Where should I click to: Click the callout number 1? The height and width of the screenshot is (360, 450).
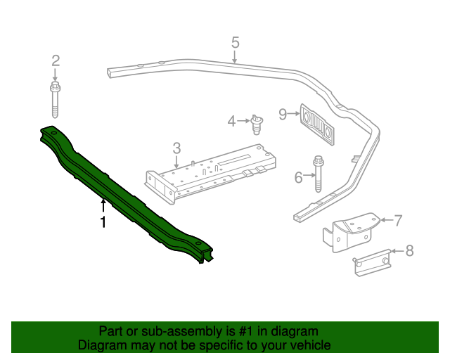click(x=103, y=222)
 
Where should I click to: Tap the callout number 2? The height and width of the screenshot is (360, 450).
click(x=56, y=61)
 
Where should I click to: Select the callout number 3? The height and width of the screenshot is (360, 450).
click(x=176, y=148)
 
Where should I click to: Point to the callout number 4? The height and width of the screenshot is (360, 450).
click(x=231, y=122)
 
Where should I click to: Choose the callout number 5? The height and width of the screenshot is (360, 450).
click(x=235, y=41)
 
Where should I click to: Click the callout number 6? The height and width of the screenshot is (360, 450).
click(x=298, y=178)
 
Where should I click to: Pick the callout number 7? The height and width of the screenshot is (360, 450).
click(x=397, y=221)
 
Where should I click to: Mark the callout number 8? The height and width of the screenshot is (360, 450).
click(x=410, y=250)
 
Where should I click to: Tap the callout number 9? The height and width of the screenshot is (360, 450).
click(x=283, y=114)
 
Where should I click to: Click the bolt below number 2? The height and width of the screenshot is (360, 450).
click(x=55, y=99)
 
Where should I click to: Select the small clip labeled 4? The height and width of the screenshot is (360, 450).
click(x=257, y=126)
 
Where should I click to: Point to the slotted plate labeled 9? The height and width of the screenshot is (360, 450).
click(x=318, y=124)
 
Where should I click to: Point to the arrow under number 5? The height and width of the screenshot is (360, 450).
click(x=235, y=56)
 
